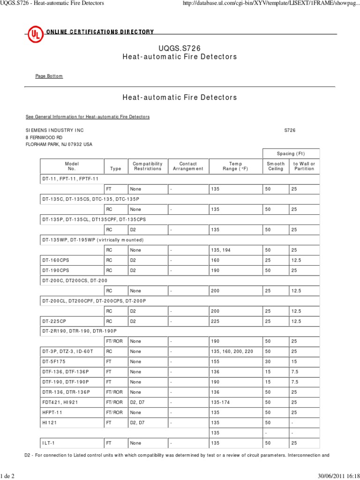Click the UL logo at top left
34,34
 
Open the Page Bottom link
49,76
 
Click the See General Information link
87,117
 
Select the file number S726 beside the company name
290,130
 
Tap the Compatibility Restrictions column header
147,166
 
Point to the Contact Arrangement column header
188,166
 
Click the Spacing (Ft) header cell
291,153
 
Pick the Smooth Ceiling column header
276,166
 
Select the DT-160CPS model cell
55,260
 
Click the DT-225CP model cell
54,321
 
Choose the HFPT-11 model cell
52,412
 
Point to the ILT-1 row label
48,442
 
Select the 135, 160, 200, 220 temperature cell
232,351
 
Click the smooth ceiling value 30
268,361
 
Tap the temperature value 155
216,361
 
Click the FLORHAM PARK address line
59,144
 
